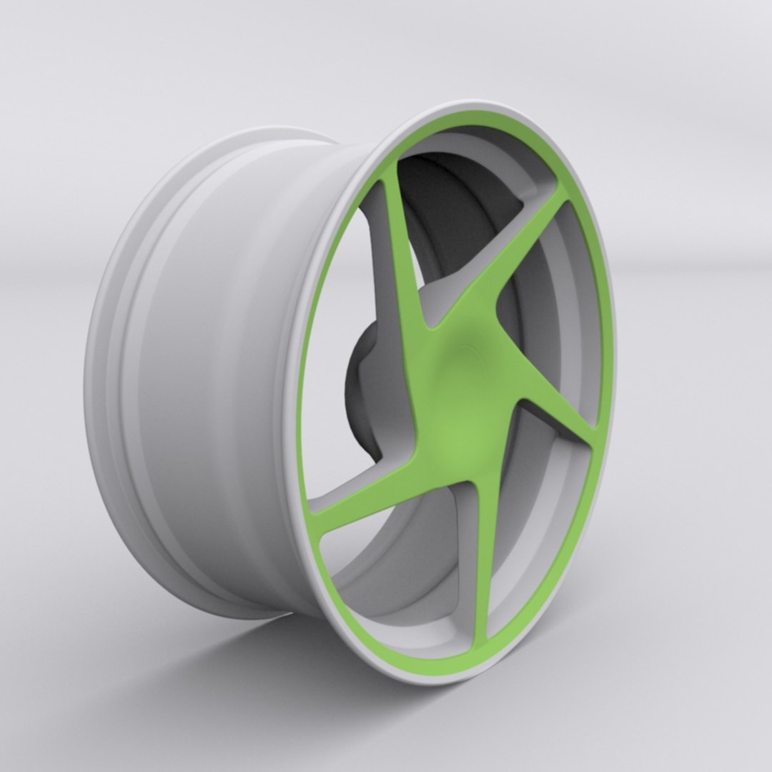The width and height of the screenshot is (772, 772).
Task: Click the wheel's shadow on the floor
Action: (x=236, y=665)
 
